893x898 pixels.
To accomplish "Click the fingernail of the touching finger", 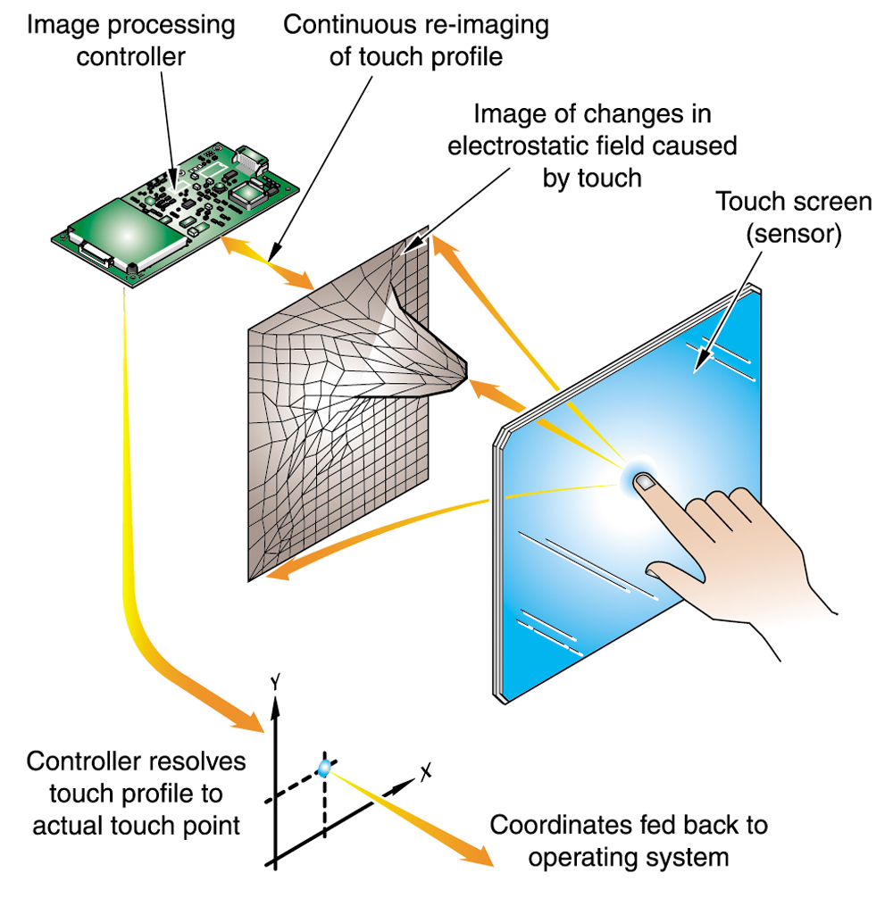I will click(x=645, y=482).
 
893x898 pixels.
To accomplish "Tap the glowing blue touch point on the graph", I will click(x=324, y=767).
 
